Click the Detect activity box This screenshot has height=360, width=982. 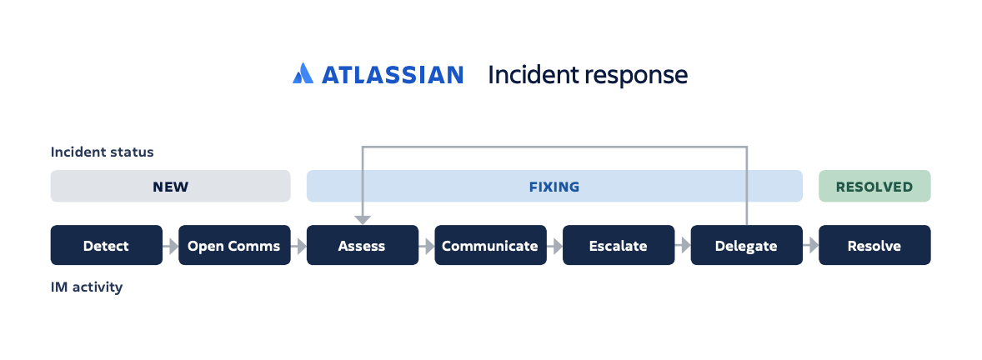coord(107,246)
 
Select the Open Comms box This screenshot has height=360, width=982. coord(234,246)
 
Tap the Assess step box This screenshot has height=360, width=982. coord(363,246)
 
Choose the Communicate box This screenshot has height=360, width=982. coord(490,246)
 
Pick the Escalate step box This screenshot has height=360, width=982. coord(619,246)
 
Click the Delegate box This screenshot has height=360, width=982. coord(746,246)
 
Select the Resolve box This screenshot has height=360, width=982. coord(874,246)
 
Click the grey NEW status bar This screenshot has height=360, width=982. coord(170,187)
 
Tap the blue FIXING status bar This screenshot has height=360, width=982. coord(554,187)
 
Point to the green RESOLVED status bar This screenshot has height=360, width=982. coord(874,187)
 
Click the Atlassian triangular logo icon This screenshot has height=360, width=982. coord(303,74)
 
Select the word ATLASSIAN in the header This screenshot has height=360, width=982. coord(392,75)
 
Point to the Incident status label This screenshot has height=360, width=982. coord(103,152)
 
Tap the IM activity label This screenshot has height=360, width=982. coord(87,287)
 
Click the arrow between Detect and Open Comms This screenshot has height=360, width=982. coord(171,246)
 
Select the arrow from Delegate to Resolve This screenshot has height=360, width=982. coord(810,246)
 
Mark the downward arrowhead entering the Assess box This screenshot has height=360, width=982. coord(363,219)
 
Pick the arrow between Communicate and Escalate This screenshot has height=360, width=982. coord(554,246)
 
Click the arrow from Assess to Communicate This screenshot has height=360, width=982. coord(427,246)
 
